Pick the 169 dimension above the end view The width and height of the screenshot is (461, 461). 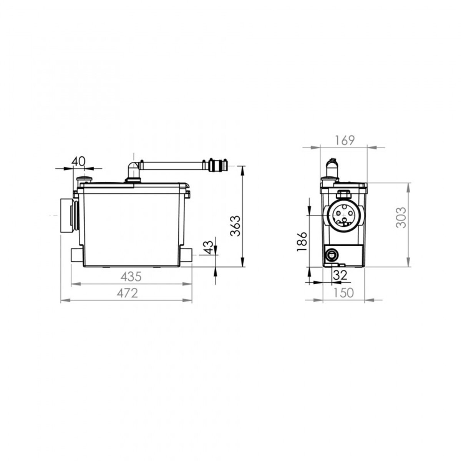point(344,140)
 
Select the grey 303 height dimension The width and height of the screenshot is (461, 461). point(401,218)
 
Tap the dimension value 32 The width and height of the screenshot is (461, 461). point(340,275)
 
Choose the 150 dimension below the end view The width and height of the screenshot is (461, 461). point(344,293)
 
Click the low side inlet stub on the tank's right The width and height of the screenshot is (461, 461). point(187,255)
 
